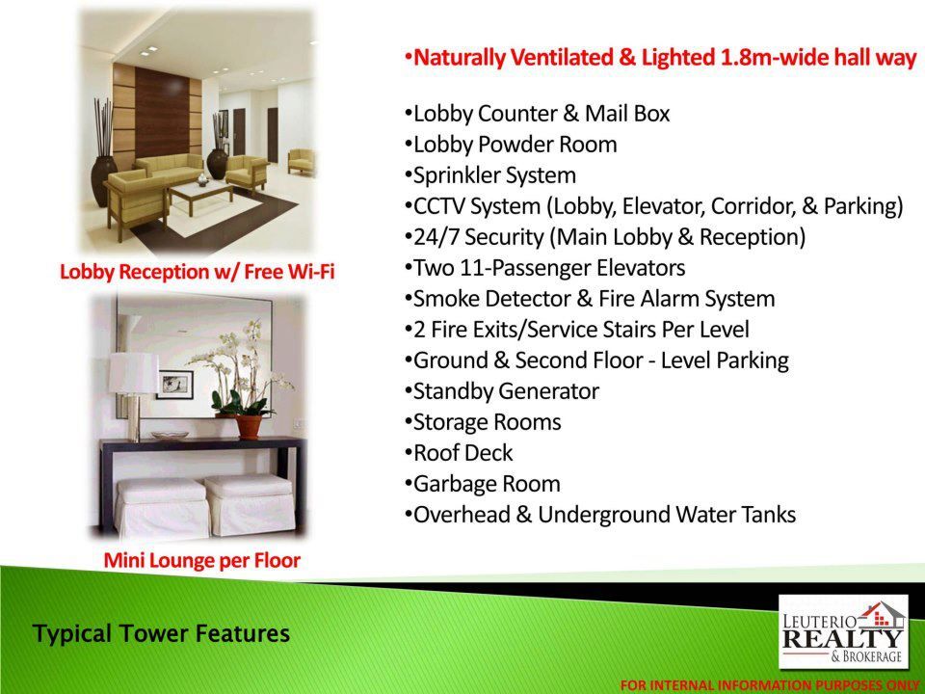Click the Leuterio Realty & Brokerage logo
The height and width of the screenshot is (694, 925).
tap(843, 632)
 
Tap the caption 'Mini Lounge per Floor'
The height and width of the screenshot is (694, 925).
tap(201, 560)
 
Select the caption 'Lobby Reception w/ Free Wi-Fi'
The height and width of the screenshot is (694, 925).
tap(197, 272)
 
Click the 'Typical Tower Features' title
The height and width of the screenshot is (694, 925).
tap(161, 633)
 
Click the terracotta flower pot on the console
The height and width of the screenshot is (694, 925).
tap(249, 427)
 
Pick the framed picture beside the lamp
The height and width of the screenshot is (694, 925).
tap(175, 385)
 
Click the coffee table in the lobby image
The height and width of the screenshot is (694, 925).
tap(201, 197)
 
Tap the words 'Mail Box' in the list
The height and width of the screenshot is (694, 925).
tap(627, 114)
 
